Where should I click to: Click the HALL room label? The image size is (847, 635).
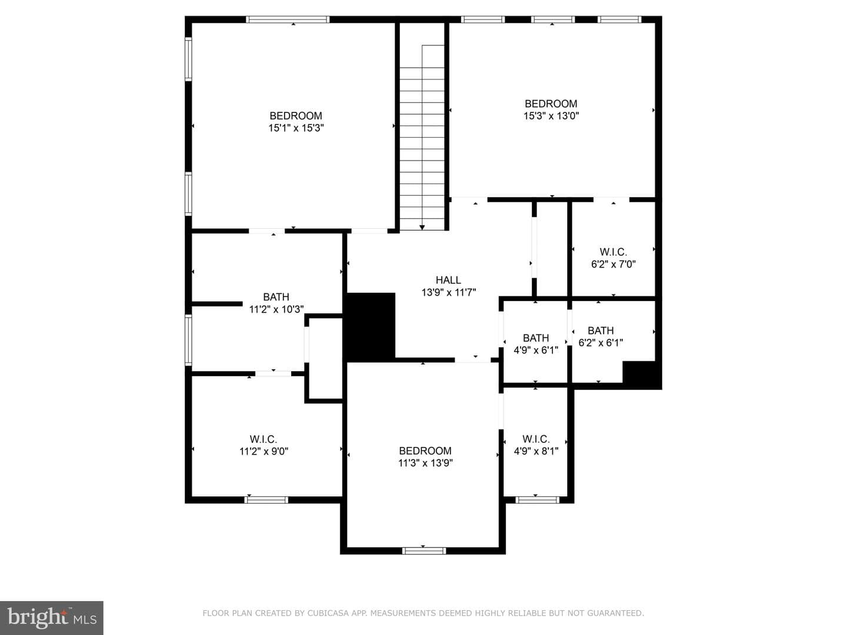point(448,280)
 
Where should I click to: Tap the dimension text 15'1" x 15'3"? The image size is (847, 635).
point(296,128)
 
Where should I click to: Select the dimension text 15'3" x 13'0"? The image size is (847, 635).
point(551,116)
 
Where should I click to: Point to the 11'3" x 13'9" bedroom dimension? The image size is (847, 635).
point(425,463)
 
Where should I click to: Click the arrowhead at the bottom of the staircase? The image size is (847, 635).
point(422,228)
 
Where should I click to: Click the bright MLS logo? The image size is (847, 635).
point(52,618)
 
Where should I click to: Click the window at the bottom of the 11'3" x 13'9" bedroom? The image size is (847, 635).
point(423,550)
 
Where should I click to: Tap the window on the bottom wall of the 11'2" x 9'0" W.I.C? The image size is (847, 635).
point(266,500)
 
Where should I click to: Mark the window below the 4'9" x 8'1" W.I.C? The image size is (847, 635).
point(537,500)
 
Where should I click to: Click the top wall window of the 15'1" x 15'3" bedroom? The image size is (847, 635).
point(288,19)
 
